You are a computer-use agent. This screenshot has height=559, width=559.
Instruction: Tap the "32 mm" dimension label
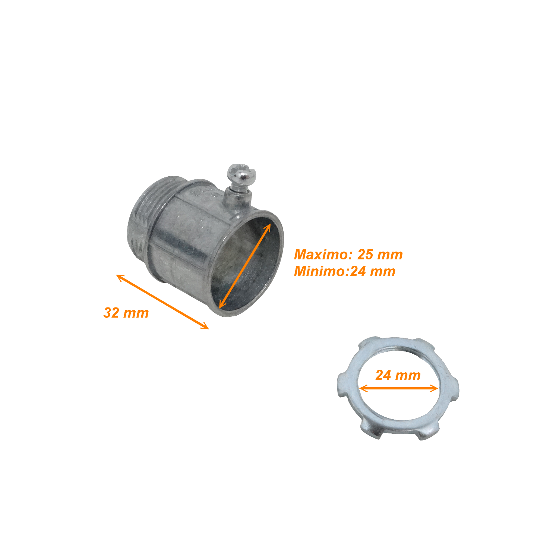tap(126, 313)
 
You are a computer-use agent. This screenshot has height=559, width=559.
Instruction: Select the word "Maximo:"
tap(323, 255)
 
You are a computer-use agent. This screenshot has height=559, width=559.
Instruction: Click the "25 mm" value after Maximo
tap(380, 255)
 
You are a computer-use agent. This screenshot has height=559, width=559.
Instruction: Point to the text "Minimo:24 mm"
tap(345, 271)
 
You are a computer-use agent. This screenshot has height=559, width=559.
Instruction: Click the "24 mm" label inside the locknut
tap(398, 375)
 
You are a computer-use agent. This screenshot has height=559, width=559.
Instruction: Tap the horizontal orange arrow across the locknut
tap(398, 389)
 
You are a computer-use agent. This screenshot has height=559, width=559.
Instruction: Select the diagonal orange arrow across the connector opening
tap(245, 266)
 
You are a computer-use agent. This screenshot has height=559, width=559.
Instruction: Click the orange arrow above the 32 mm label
tap(162, 302)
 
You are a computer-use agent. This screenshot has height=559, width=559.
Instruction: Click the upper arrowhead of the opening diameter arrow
tap(268, 228)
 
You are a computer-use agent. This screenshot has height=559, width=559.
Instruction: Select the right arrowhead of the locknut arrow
tap(434, 389)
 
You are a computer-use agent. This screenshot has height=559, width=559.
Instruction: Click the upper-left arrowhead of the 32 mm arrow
tap(120, 277)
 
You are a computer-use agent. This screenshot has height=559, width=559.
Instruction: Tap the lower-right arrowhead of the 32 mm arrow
tap(205, 326)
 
